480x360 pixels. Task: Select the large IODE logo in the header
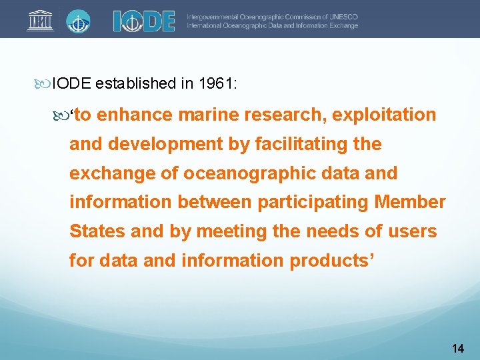(143, 21)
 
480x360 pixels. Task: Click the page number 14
(457, 348)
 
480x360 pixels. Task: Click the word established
(136, 83)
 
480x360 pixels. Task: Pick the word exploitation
(384, 115)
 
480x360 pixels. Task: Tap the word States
(97, 231)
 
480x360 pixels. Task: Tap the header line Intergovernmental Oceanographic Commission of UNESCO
(271, 16)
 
